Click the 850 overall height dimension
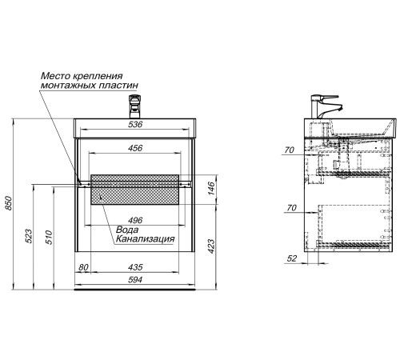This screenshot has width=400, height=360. click(9, 203)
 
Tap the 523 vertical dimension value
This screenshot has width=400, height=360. click(29, 236)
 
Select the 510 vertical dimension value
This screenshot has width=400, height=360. click(49, 238)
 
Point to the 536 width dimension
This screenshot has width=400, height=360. click(135, 124)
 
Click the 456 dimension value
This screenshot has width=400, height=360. click(135, 148)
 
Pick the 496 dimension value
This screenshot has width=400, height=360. click(135, 220)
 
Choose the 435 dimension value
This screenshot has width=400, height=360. click(135, 267)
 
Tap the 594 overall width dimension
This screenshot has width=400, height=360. click(135, 280)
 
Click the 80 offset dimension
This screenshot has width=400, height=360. click(83, 267)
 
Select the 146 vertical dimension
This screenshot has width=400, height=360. click(211, 188)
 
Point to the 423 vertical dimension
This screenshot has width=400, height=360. click(211, 246)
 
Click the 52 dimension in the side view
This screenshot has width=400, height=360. click(292, 258)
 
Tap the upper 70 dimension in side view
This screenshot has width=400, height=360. click(290, 150)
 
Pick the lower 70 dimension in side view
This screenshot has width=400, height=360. click(291, 207)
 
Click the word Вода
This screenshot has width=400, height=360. click(127, 230)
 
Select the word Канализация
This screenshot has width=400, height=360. click(146, 239)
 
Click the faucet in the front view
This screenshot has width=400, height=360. click(134, 106)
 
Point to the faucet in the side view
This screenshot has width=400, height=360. click(326, 106)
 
